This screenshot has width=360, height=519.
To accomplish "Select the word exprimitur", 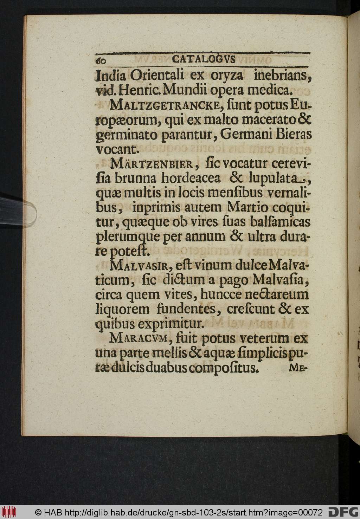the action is click(x=167, y=323).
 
